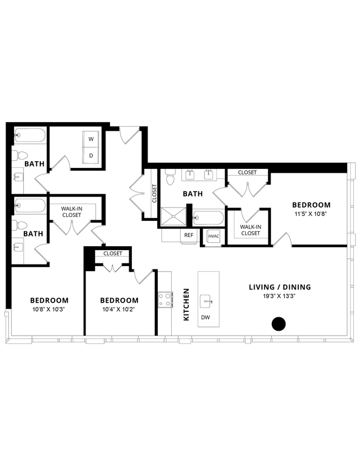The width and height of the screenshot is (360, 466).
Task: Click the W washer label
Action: click(x=91, y=140)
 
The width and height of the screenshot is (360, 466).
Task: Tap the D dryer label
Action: click(x=91, y=156)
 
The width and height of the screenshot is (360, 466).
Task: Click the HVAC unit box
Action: click(x=213, y=236)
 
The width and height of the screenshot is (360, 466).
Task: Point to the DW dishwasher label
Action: click(x=205, y=317)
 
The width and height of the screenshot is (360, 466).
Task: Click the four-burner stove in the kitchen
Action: click(x=165, y=300)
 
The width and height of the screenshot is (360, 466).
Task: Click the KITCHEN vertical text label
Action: click(x=187, y=304)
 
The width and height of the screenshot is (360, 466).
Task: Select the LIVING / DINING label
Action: click(x=279, y=287)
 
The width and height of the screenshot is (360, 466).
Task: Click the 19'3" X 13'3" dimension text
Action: click(x=279, y=296)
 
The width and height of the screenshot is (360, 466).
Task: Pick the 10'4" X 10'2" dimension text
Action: click(x=119, y=309)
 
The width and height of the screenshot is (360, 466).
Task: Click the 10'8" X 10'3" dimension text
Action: click(x=49, y=309)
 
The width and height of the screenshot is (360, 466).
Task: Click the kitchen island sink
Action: click(x=206, y=301)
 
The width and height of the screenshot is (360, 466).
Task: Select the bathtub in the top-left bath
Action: click(x=29, y=135)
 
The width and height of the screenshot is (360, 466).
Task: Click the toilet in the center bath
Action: click(x=171, y=177)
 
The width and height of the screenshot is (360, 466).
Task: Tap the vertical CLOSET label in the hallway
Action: click(x=154, y=193)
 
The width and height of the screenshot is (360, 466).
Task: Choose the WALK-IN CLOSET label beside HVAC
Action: click(x=250, y=230)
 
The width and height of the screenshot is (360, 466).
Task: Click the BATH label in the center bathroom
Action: click(x=193, y=194)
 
